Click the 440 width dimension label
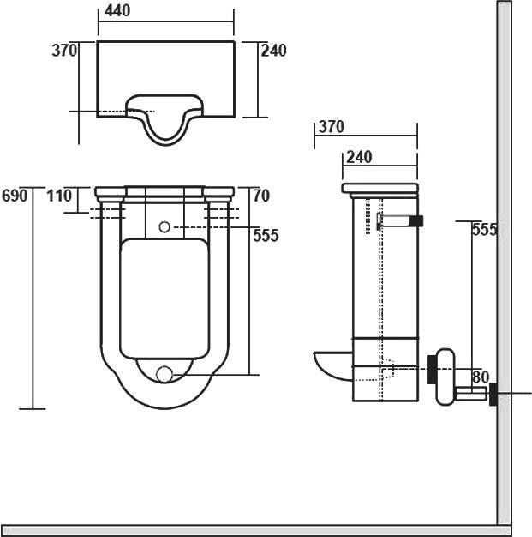[117, 10]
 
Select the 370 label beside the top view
[64, 51]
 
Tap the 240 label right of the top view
[273, 51]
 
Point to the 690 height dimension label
[15, 196]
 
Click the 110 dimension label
[59, 196]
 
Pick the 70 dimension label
[261, 196]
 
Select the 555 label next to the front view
[266, 235]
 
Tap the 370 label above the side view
[332, 127]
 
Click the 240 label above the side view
[359, 157]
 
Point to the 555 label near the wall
[484, 229]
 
